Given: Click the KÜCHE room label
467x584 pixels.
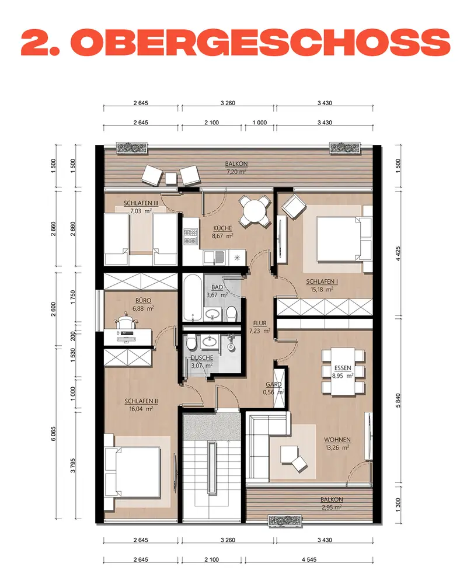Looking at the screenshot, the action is pos(222,228).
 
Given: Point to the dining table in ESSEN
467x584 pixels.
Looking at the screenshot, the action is pos(343,371).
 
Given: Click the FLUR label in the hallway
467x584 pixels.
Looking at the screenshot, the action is pos(260,324).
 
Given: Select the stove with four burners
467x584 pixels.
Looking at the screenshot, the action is pos(191,237).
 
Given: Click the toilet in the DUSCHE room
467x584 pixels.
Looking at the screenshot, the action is pos(192,342).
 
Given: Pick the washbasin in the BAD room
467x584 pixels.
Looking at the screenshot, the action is pos(212,314).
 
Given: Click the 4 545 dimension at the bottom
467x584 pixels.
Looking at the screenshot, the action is pos(309,559).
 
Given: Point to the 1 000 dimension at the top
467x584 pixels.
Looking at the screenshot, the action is pos(260,123).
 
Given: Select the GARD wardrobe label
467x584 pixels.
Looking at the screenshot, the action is pos(273,384).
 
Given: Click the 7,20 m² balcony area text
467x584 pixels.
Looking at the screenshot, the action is pos(236,172).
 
